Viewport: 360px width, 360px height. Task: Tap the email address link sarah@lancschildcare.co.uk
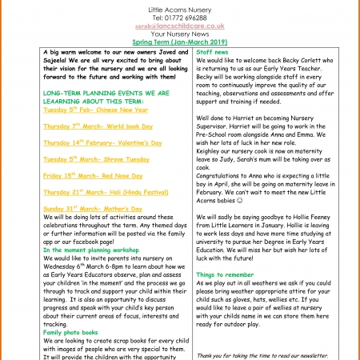pyautogui.click(x=179, y=26)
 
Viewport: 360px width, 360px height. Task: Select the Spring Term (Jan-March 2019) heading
pyautogui.click(x=179, y=42)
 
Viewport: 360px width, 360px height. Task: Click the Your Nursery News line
pyautogui.click(x=179, y=34)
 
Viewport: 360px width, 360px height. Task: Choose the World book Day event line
pyautogui.click(x=95, y=126)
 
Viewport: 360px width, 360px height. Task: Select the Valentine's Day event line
pyautogui.click(x=103, y=142)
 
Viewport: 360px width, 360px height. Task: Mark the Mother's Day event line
pyautogui.click(x=93, y=208)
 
